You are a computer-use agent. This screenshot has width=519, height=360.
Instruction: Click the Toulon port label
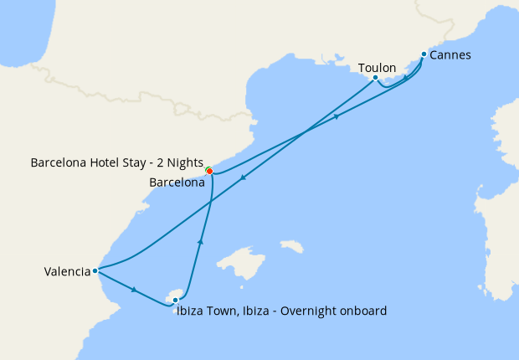pyautogui.click(x=377, y=68)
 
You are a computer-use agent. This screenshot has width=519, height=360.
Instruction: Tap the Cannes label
pyautogui.click(x=451, y=55)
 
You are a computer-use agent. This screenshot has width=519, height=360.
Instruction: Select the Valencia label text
pyautogui.click(x=68, y=271)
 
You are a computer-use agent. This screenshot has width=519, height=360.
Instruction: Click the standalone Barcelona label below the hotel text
pyautogui.click(x=177, y=182)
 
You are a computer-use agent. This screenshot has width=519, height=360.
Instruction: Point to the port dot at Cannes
pyautogui.click(x=424, y=54)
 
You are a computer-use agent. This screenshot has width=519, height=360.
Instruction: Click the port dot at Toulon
pyautogui.click(x=375, y=78)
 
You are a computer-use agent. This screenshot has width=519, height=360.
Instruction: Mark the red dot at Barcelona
pyautogui.click(x=209, y=172)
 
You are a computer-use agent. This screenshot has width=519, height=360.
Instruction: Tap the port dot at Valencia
pyautogui.click(x=97, y=270)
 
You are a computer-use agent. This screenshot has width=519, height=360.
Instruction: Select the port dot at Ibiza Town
pyautogui.click(x=175, y=299)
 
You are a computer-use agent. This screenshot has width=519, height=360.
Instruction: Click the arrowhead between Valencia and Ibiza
pyautogui.click(x=134, y=290)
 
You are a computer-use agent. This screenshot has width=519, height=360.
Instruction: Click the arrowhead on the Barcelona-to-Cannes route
pyautogui.click(x=337, y=116)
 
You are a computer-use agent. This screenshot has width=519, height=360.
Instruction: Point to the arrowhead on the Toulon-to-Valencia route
pyautogui.click(x=243, y=177)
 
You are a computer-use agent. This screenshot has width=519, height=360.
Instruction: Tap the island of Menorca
pyautogui.click(x=292, y=246)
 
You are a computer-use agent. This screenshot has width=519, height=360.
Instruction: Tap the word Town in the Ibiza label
pyautogui.click(x=222, y=311)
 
